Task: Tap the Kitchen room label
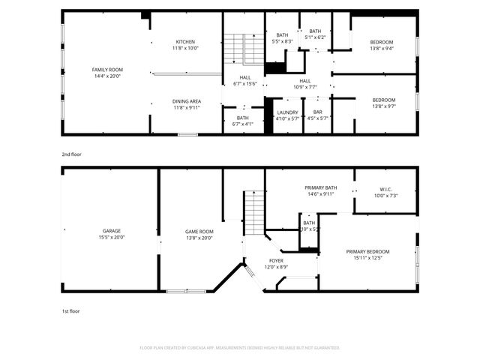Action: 186,41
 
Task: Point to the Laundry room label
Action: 287,112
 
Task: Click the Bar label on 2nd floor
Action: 318,112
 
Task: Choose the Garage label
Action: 112,231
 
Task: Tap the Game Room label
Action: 199,231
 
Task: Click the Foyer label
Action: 277,260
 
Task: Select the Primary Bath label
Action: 320,187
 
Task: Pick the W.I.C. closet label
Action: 386,189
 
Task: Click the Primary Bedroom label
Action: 367,251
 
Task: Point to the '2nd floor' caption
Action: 72,154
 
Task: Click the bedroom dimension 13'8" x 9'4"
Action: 382,49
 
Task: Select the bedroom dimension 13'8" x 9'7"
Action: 382,106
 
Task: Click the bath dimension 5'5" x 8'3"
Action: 282,41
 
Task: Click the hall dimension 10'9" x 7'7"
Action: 305,87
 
